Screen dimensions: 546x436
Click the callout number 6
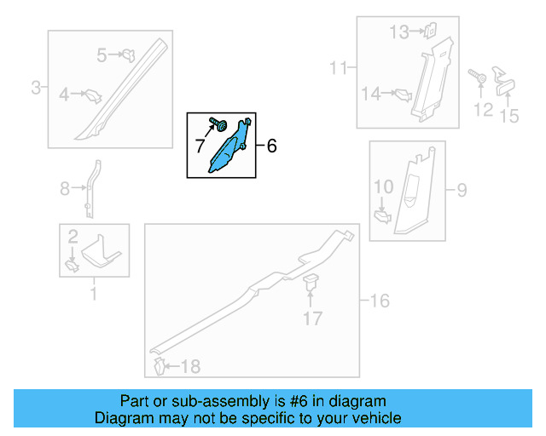point(271,146)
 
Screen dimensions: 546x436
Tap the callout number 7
point(200,146)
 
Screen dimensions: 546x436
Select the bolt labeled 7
point(218,124)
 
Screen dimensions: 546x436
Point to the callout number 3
point(36,87)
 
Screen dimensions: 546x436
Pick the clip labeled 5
point(129,55)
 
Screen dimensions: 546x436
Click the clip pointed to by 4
point(94,96)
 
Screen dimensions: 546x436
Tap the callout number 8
point(65,189)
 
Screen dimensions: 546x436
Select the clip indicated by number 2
point(72,267)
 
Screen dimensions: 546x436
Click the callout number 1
point(93,294)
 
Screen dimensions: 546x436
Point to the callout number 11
point(338,67)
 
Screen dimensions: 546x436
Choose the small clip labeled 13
point(430,31)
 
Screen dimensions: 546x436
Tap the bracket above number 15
point(503,82)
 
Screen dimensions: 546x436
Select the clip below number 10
point(382,217)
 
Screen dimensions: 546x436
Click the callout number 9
point(462,190)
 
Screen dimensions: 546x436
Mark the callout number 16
point(380,301)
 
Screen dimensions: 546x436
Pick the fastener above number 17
point(311,281)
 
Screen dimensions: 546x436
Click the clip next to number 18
point(159,366)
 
